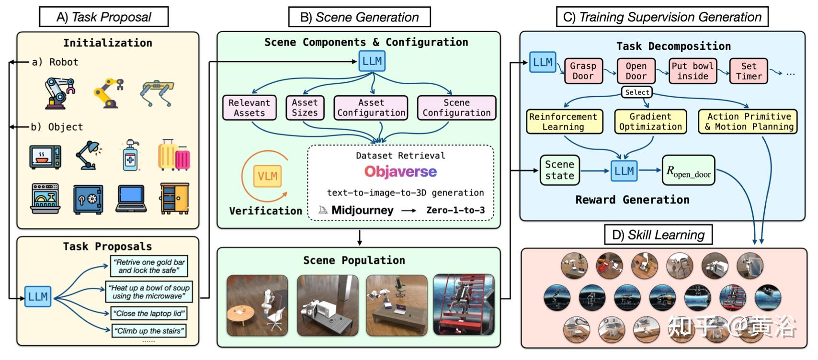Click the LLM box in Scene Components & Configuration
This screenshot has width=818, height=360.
coord(372,61)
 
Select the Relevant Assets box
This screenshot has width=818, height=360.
coord(250,108)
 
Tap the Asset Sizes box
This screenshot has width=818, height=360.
coord(305,108)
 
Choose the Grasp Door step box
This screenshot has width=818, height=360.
coord(583,71)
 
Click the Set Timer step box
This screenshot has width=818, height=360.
coord(748,71)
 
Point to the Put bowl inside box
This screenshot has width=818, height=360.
coord(693,71)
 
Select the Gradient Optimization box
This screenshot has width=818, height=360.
coord(650,122)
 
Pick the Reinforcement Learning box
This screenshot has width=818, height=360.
coord(563,122)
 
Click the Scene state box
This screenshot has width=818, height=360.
coord(559,170)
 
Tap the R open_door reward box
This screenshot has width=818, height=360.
coord(688,170)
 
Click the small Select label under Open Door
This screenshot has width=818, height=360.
coord(637,92)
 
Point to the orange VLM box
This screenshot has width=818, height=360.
coord(267,176)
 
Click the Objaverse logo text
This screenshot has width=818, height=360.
coord(400,171)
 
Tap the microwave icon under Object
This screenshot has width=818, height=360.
coord(45,156)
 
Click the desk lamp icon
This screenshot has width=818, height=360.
coord(89,155)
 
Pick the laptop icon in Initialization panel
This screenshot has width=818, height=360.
coord(131,198)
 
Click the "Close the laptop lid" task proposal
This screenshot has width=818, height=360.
coord(148,314)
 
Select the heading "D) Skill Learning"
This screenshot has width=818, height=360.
coord(658,235)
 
